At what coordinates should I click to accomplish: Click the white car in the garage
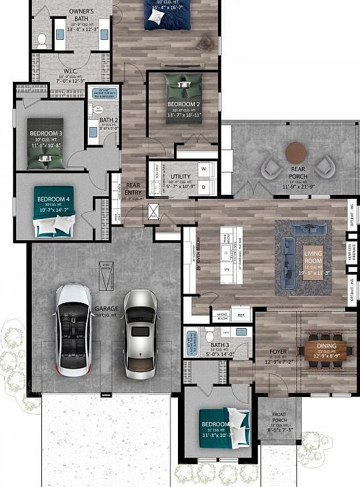74,329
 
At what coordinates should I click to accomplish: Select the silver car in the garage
140,333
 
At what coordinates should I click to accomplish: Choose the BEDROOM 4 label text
53,199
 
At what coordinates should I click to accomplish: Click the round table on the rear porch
296,153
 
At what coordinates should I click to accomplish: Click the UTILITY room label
180,177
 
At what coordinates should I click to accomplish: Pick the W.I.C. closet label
74,70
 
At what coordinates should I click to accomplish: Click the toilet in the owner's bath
42,39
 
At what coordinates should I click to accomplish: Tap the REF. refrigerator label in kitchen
240,315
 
